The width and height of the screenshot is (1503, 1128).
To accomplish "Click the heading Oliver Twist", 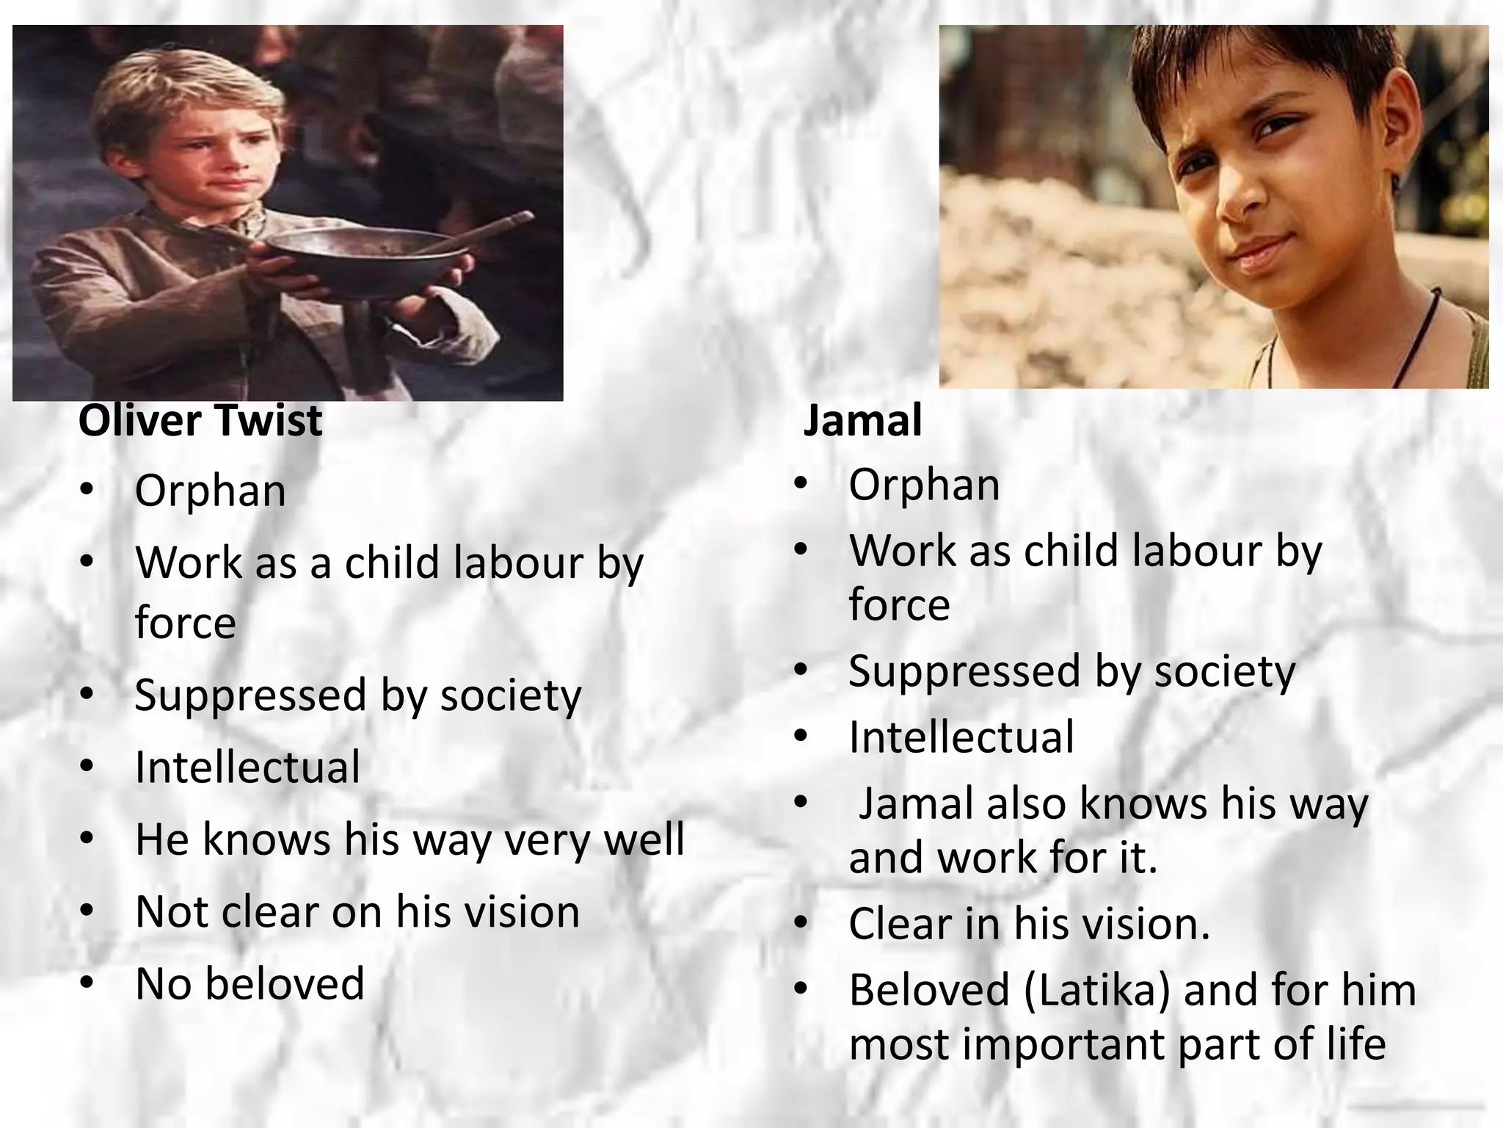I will (200, 421).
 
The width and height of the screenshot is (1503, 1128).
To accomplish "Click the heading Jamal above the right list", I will (862, 421).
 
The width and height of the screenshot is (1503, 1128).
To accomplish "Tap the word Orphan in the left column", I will (210, 491).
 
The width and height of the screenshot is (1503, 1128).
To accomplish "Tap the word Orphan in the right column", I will (924, 485).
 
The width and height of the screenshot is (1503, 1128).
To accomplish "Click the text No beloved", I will (250, 984).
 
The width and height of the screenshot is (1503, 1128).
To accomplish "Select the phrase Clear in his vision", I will (1029, 924).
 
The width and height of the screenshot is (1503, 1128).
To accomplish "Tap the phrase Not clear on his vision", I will (357, 912).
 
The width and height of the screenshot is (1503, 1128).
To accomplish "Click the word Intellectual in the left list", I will (247, 767).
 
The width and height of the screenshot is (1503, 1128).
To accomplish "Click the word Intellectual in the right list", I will (961, 737).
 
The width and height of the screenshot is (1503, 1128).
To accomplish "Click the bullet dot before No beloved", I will (87, 983).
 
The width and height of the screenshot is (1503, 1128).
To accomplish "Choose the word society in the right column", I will (1224, 672).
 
